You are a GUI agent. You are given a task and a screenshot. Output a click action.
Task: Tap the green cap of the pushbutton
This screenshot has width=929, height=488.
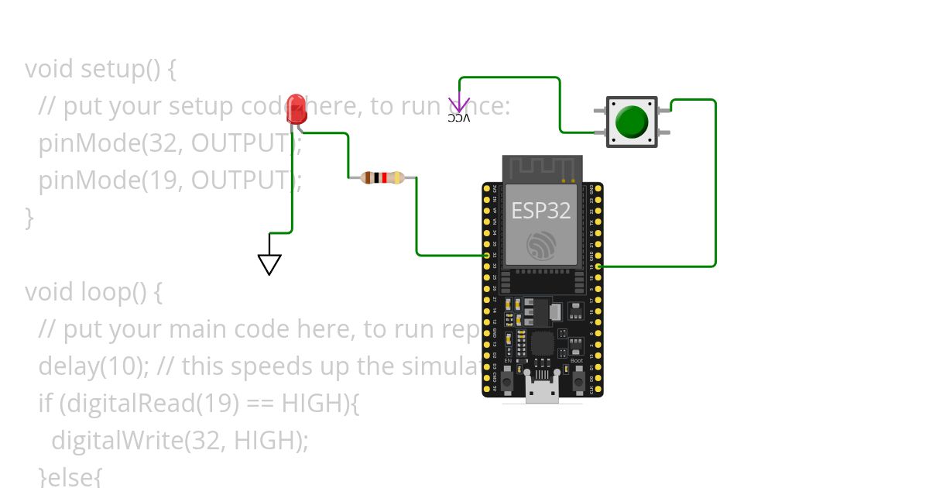tap(632, 121)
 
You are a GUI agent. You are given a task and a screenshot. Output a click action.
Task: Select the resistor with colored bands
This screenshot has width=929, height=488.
tap(382, 177)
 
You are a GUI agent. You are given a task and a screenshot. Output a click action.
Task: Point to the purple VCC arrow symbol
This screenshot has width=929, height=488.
tap(459, 104)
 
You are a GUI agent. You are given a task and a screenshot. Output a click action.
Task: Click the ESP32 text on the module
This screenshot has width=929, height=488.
tap(542, 210)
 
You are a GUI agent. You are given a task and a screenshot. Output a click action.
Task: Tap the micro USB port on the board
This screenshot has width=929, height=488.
tap(542, 391)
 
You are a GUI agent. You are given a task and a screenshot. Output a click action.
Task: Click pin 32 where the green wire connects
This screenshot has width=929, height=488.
tap(487, 255)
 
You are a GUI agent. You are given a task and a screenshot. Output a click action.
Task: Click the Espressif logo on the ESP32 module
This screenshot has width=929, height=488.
tap(542, 244)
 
